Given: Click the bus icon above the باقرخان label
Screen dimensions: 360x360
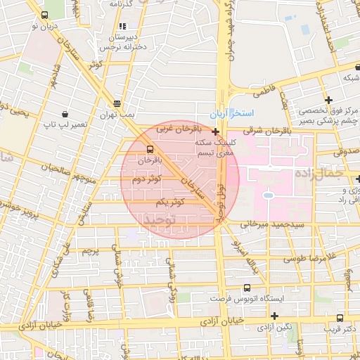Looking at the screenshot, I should tap(149, 149).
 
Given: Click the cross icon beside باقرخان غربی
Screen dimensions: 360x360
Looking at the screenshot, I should tap(214, 131).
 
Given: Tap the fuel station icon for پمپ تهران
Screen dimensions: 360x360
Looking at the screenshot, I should tap(117, 101).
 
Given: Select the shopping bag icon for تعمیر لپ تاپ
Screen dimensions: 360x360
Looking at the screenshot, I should tap(65, 113).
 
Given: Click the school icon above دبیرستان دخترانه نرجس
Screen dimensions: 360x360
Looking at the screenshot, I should tap(123, 25).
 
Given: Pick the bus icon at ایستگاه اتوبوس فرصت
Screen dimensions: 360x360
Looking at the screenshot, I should tap(246, 288).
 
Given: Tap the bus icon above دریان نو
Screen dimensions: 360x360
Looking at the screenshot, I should tap(45, 15).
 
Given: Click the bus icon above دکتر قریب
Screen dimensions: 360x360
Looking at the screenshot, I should tap(340, 317).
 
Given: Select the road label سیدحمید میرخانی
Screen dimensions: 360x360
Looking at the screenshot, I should tap(261, 225).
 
